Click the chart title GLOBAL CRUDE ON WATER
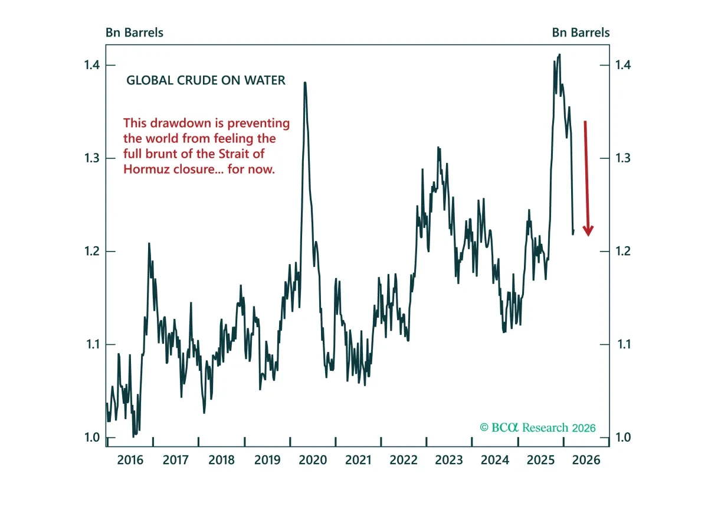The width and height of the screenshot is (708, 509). (x=206, y=80)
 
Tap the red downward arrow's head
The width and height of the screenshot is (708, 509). (x=588, y=231)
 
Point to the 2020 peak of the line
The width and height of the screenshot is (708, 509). (x=305, y=83)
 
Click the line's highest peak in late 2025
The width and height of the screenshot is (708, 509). (x=560, y=55)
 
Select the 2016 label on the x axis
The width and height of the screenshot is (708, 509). (x=130, y=460)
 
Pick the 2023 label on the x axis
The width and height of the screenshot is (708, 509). (x=449, y=460)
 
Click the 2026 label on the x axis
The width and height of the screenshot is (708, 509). (x=586, y=460)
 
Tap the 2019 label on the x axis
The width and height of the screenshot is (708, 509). (x=267, y=460)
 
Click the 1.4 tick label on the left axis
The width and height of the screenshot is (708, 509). (x=91, y=65)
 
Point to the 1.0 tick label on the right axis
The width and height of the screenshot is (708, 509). (x=623, y=438)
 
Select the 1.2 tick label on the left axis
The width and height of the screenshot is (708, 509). (x=91, y=252)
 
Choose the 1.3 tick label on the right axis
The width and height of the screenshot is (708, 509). (x=623, y=158)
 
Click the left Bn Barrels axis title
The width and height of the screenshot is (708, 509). (x=135, y=32)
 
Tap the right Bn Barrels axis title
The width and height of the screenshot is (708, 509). (x=581, y=32)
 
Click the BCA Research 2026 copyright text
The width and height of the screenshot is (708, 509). (x=537, y=428)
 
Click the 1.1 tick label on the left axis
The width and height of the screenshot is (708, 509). (x=93, y=344)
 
